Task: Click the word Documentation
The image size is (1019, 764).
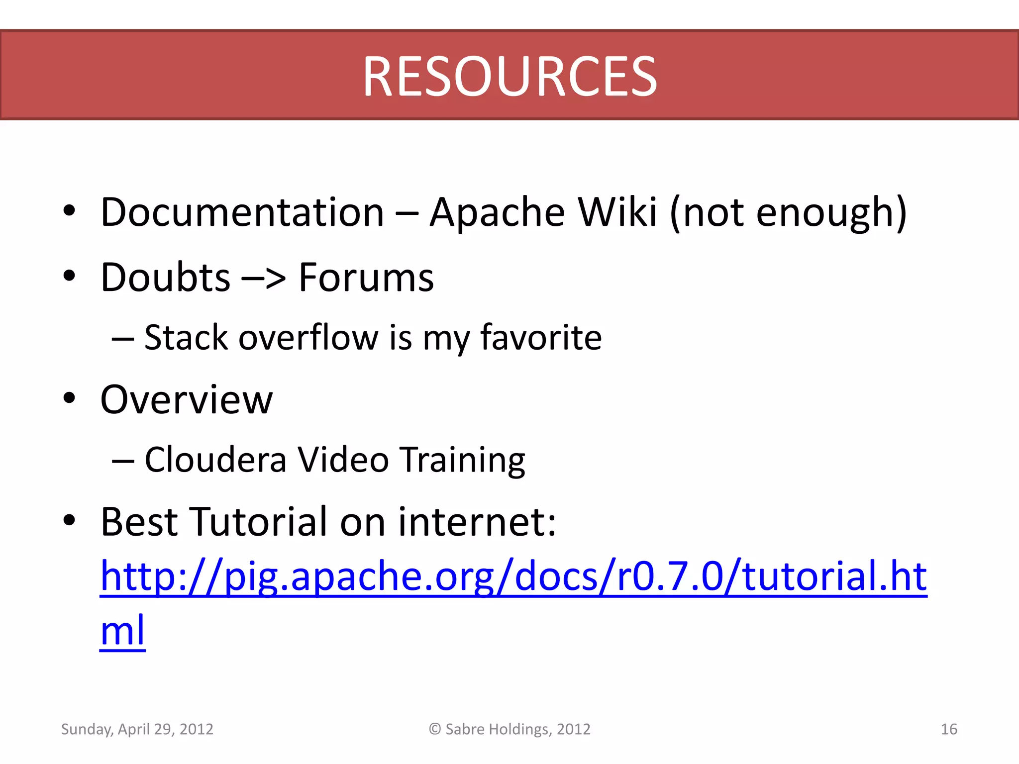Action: [242, 212]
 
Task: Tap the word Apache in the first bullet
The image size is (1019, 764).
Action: [497, 212]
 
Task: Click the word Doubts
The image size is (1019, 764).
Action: [165, 278]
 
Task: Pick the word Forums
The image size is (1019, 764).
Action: [366, 278]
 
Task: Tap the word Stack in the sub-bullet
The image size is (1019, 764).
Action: [186, 338]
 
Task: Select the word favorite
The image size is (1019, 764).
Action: [541, 338]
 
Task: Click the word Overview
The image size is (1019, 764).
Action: [187, 400]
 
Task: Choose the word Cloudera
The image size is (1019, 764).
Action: [215, 460]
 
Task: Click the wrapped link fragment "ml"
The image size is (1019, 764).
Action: [122, 630]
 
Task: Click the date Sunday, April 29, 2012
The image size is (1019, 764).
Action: [137, 729]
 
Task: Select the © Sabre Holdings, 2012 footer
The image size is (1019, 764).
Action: [509, 729]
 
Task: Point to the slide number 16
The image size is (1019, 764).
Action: [949, 729]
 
